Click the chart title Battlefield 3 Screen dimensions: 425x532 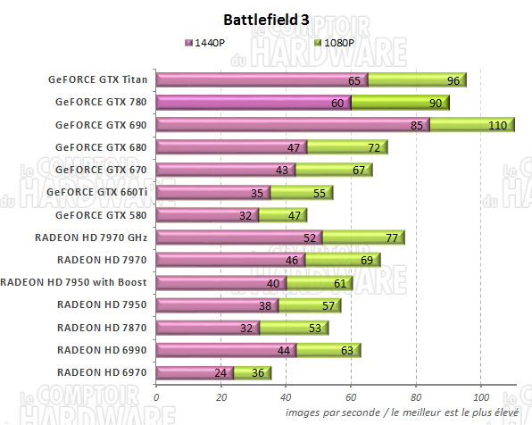point(266,19)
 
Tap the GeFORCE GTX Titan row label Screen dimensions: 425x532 point(99,79)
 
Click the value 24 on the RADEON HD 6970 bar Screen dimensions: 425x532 point(220,373)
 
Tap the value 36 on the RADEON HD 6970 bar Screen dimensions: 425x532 point(257,373)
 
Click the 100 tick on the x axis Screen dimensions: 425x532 point(480,396)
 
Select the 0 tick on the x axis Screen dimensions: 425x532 point(157,396)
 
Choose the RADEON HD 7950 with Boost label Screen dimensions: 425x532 point(75,282)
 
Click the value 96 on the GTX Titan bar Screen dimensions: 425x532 point(453,80)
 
